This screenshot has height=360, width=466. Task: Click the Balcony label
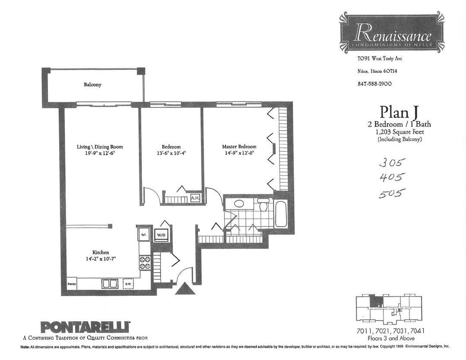pyautogui.click(x=93, y=85)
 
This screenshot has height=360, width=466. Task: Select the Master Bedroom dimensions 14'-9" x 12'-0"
pyautogui.click(x=239, y=153)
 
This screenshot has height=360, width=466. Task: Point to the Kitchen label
pyautogui.click(x=101, y=252)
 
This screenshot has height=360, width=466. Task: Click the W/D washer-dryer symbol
pyautogui.click(x=161, y=235)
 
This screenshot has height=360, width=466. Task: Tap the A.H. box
pyautogui.click(x=195, y=198)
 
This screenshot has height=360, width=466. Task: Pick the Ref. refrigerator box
pyautogui.click(x=144, y=235)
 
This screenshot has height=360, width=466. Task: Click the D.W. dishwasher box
pyautogui.click(x=128, y=284)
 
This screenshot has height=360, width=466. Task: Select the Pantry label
pyautogui.click(x=72, y=284)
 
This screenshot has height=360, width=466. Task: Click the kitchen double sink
pyautogui.click(x=110, y=284)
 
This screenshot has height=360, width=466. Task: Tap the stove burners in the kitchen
pyautogui.click(x=144, y=263)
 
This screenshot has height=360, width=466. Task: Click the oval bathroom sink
pyautogui.click(x=239, y=203)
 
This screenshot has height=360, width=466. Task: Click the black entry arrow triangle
pyautogui.click(x=185, y=288)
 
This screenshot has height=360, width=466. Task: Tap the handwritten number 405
pyautogui.click(x=392, y=177)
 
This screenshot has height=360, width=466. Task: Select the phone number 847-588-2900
pyautogui.click(x=375, y=84)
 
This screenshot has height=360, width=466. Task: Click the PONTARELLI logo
pyautogui.click(x=85, y=326)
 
